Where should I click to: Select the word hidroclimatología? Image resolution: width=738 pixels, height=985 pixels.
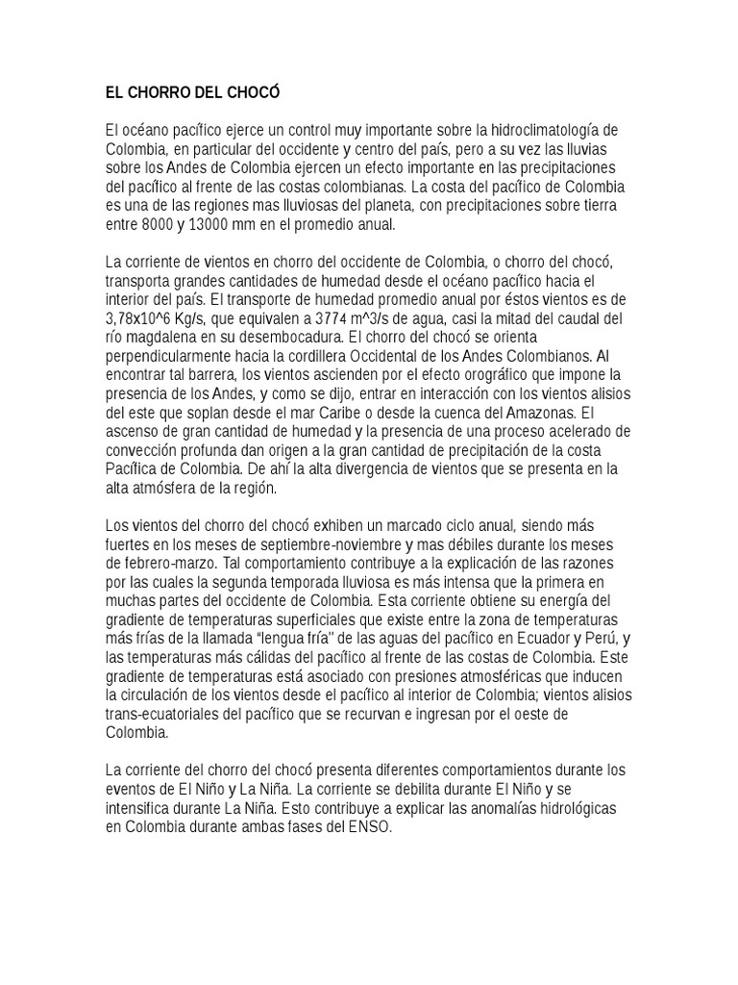(547, 130)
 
